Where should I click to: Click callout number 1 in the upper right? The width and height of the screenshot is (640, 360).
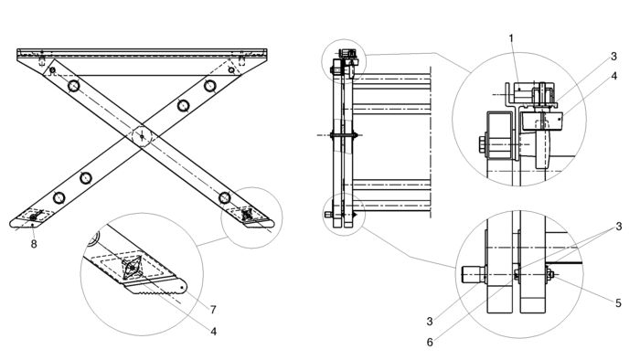(511, 38)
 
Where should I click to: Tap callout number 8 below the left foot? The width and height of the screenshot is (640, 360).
(34, 244)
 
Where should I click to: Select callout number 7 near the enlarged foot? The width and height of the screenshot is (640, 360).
(213, 310)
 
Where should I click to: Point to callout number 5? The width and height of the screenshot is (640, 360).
(618, 303)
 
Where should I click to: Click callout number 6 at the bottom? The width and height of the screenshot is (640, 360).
(430, 342)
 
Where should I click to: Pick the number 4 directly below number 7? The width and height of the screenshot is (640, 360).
(213, 332)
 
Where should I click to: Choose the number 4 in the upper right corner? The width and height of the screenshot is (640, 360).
(613, 76)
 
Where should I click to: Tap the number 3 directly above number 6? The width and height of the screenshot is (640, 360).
(430, 322)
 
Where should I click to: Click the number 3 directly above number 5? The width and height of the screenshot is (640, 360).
(619, 227)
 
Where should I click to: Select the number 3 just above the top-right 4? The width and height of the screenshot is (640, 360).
(613, 57)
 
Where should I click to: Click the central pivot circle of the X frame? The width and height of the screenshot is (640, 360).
(142, 136)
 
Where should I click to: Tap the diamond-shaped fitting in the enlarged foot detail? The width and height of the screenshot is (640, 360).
(133, 268)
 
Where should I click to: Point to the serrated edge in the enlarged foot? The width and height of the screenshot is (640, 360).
(151, 290)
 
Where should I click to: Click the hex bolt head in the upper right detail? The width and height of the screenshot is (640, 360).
(483, 144)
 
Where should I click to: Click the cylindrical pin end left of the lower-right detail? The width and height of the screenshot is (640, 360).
(473, 274)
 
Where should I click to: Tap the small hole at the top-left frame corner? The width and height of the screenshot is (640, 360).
(52, 70)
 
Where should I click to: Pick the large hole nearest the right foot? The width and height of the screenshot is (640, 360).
(225, 197)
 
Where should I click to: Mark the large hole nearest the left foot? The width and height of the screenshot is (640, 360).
(59, 197)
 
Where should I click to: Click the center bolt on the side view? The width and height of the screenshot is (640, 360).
(344, 135)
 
